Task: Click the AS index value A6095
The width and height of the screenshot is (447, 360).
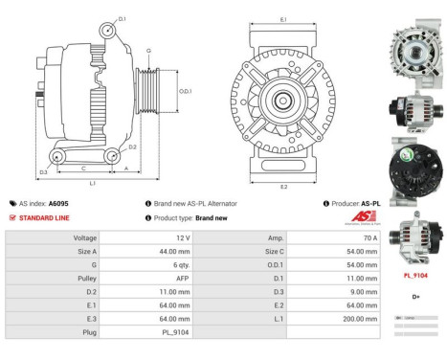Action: tap(58, 204)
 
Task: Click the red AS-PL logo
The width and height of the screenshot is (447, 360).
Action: tap(364, 217)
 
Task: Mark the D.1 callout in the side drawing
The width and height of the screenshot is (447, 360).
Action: tap(122, 18)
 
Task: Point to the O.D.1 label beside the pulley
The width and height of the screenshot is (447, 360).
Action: tap(185, 91)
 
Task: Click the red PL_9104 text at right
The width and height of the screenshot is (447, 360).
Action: tap(413, 274)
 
